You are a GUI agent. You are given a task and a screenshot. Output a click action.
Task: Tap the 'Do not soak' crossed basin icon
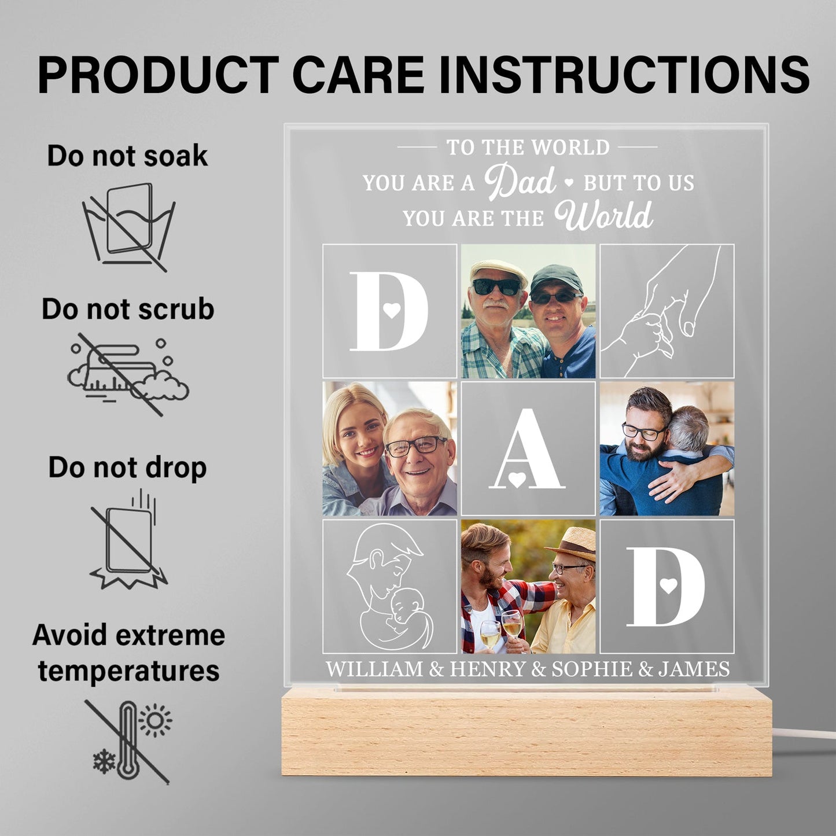point(128,226)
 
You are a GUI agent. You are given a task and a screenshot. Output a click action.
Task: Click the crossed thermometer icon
point(128,741)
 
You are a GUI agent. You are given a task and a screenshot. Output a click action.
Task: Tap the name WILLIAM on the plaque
point(374,669)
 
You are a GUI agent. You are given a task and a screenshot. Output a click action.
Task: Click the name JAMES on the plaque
point(694,669)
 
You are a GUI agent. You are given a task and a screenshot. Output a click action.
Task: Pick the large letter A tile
point(528,449)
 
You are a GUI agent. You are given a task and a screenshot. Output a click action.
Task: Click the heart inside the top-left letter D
point(392,311)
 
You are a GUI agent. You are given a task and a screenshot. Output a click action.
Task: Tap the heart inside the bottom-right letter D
point(669,585)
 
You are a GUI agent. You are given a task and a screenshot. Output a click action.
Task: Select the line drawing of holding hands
point(666,311)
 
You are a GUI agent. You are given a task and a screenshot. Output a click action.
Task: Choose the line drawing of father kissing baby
point(389,586)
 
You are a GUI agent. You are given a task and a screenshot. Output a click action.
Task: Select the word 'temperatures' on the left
point(128,671)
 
